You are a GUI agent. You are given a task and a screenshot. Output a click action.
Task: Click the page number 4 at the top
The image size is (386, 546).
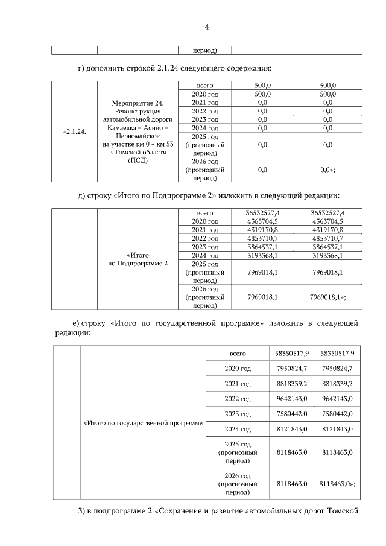pos(206,27)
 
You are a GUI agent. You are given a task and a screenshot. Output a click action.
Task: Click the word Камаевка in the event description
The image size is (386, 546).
pos(119,129)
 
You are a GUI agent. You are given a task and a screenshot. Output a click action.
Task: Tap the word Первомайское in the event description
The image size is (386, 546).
pos(137,137)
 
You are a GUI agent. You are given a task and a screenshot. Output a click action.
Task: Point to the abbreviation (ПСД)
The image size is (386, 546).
pos(137,160)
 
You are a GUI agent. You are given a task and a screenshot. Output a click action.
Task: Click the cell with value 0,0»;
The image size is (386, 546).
pos(327,170)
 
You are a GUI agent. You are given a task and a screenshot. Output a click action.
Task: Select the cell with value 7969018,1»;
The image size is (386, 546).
pos(327,297)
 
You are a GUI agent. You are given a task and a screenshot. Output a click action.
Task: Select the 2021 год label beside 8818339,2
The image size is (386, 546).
pos(238,384)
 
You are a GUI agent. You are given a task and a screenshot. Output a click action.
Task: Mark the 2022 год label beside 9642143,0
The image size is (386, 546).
pos(238,399)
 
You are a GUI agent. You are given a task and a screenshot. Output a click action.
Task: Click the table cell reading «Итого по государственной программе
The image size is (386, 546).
pos(142,422)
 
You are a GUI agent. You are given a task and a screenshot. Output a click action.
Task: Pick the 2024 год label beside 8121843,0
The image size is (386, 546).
pos(238,429)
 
